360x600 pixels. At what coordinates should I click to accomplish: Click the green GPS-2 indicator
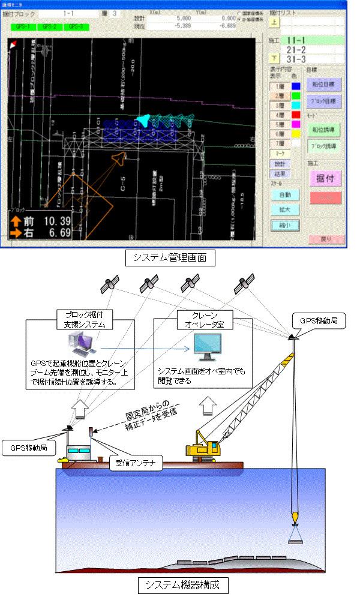coord(51,27)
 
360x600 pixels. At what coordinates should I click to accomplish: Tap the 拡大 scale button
coord(285,210)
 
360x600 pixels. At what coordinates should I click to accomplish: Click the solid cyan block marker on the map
coord(143,120)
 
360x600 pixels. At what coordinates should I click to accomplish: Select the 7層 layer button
coord(280,144)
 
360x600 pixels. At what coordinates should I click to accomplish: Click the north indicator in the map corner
coord(13,44)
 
